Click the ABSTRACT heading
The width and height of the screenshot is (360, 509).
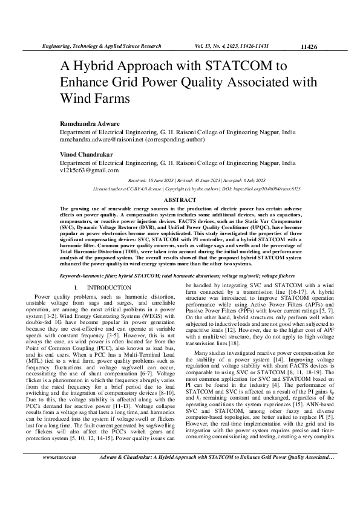180,199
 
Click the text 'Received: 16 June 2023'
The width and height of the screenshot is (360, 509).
155,181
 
